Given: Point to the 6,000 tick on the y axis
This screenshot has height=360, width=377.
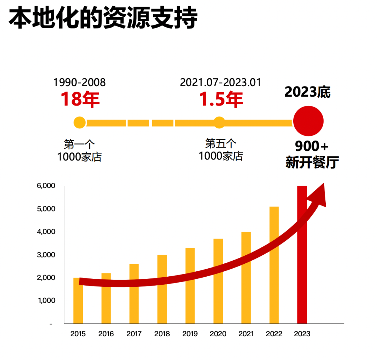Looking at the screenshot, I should pyautogui.click(x=46, y=186).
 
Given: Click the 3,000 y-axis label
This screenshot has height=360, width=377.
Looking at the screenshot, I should pyautogui.click(x=46, y=255).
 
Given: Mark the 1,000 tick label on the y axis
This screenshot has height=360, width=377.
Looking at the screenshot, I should pyautogui.click(x=46, y=301).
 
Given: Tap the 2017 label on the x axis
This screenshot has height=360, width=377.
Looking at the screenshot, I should pyautogui.click(x=134, y=334).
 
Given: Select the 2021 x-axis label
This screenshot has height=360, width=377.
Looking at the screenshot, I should pyautogui.click(x=246, y=334).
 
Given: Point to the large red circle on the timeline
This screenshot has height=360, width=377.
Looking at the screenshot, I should pyautogui.click(x=308, y=121).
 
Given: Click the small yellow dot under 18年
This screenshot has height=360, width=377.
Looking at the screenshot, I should pyautogui.click(x=80, y=122).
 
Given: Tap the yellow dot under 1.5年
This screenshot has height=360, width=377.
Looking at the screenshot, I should pyautogui.click(x=219, y=122).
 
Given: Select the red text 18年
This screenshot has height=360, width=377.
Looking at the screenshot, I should pyautogui.click(x=80, y=99).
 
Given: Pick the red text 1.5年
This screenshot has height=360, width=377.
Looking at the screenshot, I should pyautogui.click(x=221, y=99).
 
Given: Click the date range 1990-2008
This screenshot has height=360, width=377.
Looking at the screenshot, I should pyautogui.click(x=79, y=83).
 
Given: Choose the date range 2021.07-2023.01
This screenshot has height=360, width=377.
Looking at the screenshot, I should pyautogui.click(x=221, y=83).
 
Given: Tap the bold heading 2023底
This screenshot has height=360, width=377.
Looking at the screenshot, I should pyautogui.click(x=308, y=92).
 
